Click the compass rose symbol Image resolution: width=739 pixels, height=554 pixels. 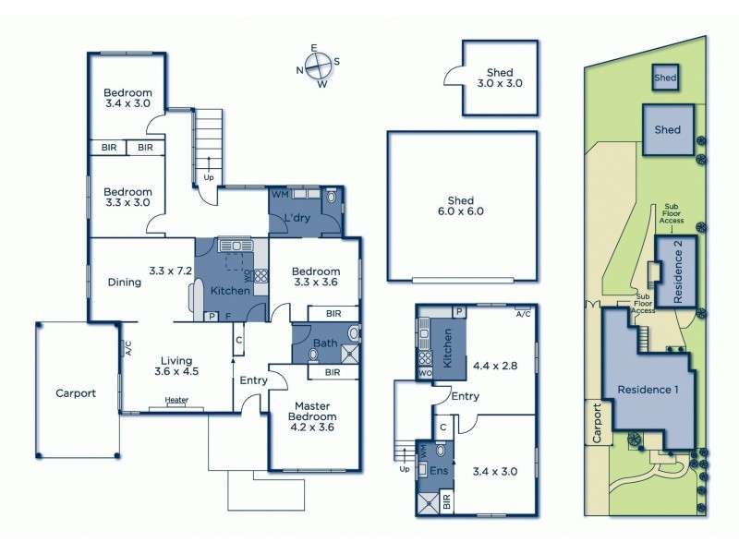pos(319,66)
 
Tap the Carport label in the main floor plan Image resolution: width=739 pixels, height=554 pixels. pos(75,392)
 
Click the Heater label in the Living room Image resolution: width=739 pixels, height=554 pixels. pos(177,400)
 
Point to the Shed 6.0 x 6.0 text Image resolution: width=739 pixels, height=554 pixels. pos(460,204)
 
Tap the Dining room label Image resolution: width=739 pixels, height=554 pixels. pos(124,283)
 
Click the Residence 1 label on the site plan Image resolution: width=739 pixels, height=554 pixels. pos(648,389)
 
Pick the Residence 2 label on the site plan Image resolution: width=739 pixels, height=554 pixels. pos(679,271)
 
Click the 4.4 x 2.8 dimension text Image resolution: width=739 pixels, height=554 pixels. pos(494,366)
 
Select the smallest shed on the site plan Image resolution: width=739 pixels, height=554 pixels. pos(665,78)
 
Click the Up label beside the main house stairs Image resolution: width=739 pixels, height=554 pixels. pos(208,177)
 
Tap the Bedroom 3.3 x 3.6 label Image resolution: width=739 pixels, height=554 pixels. pos(316,278)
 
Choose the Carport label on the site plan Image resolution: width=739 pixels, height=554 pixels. pos(598,424)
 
